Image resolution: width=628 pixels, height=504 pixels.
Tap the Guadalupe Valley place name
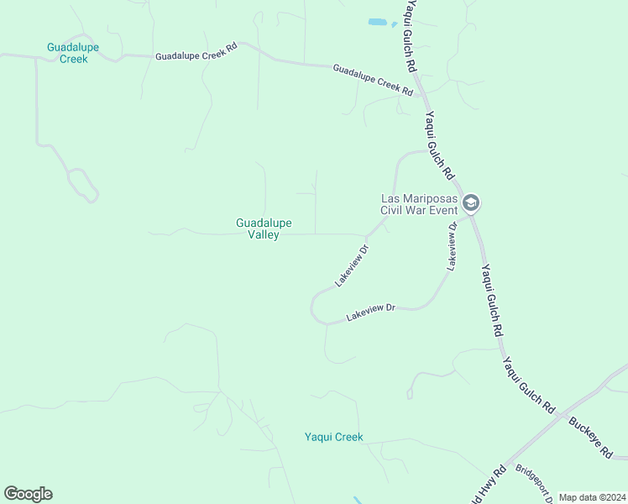point(264,228)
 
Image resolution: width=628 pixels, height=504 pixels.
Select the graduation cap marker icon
point(471,202)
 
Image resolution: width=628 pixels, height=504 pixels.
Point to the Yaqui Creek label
point(333,437)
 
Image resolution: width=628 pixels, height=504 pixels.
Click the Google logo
point(28,494)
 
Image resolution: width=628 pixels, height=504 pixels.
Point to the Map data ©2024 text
point(592,497)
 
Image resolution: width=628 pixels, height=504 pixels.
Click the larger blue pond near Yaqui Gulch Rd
point(377,21)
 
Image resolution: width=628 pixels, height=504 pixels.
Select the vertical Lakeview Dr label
point(453,246)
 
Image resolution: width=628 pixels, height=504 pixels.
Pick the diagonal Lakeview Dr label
point(353,266)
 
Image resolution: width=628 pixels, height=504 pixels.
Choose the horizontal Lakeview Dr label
point(371,312)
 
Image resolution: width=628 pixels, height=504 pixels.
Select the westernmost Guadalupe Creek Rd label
point(196,51)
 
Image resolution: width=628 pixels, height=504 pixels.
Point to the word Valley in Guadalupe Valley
point(264,235)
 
